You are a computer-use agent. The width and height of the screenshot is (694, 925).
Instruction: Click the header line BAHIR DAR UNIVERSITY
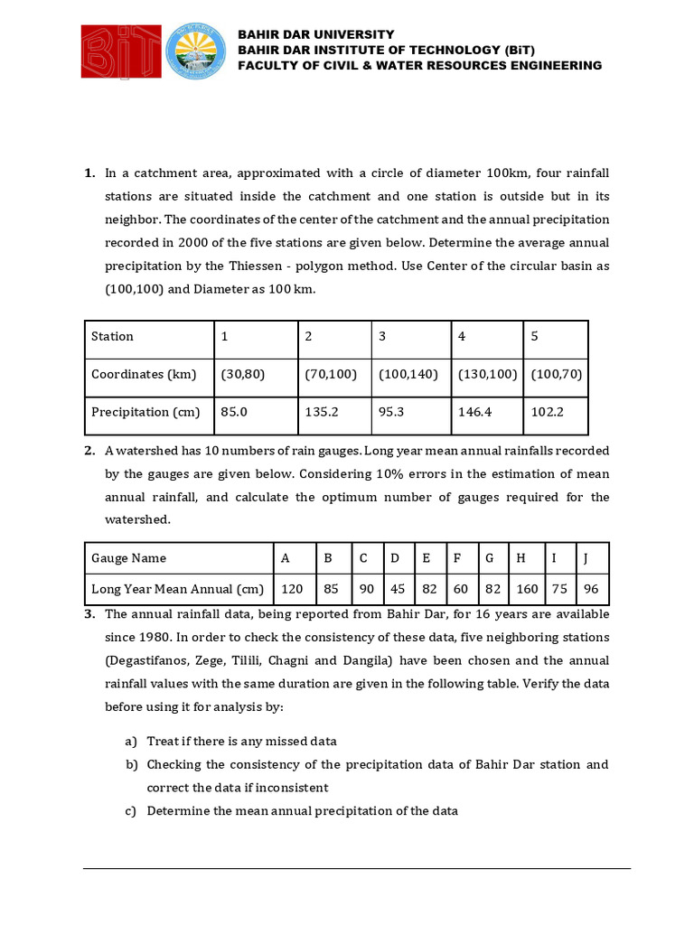(x=315, y=34)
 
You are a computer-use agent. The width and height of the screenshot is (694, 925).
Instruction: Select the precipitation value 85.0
(x=235, y=411)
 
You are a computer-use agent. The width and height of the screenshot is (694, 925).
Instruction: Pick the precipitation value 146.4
(x=475, y=411)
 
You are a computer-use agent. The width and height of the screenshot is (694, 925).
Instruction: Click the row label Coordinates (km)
(x=140, y=374)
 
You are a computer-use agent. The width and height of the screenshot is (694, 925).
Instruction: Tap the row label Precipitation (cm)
(x=145, y=411)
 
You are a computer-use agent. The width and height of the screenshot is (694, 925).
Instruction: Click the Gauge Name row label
(x=128, y=557)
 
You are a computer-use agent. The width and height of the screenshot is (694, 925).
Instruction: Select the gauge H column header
(x=520, y=557)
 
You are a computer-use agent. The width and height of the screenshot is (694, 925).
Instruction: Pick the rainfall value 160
(x=527, y=589)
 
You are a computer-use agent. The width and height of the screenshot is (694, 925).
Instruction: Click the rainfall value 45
(x=397, y=589)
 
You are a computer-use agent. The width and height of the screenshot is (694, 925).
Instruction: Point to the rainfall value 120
(x=292, y=589)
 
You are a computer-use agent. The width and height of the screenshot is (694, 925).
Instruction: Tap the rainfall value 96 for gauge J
(x=592, y=589)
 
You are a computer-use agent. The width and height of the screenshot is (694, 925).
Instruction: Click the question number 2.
(x=89, y=451)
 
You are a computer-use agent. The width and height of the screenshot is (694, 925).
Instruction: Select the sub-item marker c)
(x=131, y=810)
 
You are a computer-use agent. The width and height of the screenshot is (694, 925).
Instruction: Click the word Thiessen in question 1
(x=238, y=266)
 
